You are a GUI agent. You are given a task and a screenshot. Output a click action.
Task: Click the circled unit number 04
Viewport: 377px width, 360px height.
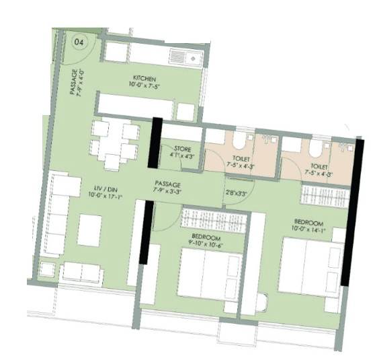80,40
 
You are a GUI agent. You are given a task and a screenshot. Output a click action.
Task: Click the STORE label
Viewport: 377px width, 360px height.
183,149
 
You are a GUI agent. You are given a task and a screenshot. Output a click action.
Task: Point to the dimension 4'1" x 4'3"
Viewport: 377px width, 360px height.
183,156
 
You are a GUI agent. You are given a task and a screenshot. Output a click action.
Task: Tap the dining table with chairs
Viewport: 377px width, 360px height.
116,143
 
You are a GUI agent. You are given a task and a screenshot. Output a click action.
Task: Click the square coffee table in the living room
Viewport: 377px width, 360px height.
89,230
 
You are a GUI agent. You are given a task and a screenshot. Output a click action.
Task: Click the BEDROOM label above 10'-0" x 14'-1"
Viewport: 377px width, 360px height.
308,223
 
